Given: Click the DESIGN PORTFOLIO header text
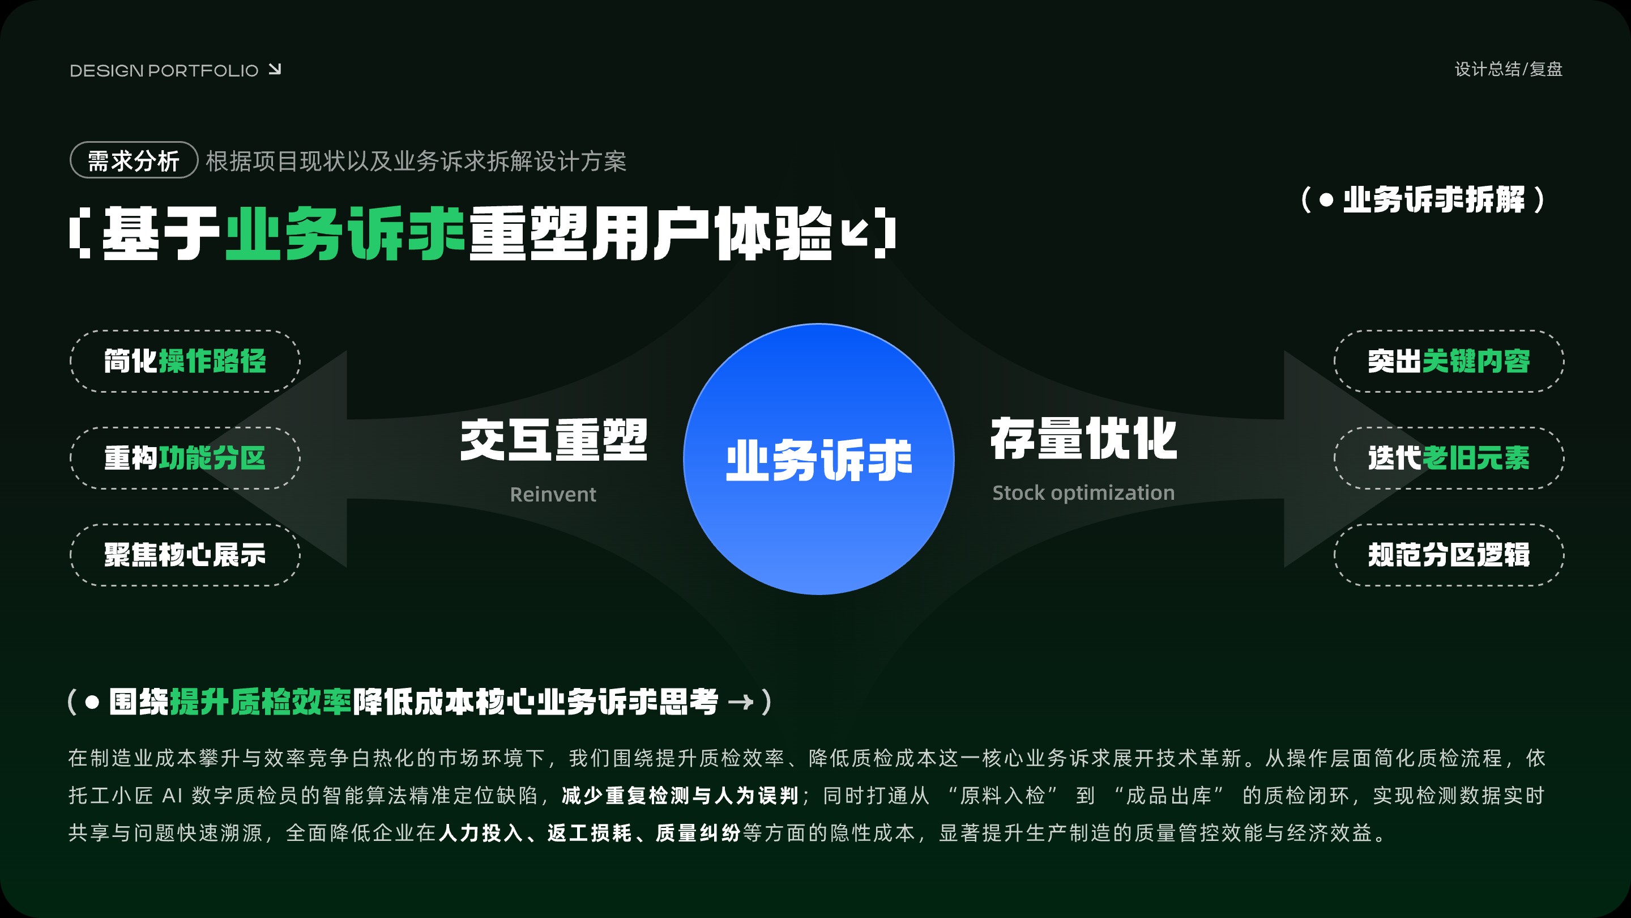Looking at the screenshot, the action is pos(164,70).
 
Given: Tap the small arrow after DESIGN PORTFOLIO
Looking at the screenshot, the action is pos(275,69).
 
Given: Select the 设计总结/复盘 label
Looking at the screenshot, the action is pos(1508,69).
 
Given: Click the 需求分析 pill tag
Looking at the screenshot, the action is pos(134,160).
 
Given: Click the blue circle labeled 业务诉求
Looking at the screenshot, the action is pos(819,460).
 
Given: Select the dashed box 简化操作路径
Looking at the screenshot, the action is pos(185,361).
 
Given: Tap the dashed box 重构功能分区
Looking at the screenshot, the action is pos(185,458).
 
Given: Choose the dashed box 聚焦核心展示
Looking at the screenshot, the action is pos(185,555).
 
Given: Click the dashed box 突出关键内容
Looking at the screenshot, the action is pos(1449,361).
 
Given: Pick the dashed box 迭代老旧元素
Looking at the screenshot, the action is pos(1449,458).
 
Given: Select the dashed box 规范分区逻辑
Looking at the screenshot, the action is pos(1449,555).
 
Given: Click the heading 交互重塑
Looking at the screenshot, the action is pos(554,440).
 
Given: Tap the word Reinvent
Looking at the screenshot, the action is pos(553,494).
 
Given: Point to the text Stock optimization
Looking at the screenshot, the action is pos(1083,493).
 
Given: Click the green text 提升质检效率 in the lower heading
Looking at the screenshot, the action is pos(261,702).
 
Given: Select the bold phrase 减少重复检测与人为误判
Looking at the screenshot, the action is pos(680,796).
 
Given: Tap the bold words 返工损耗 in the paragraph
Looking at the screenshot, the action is pos(590,833).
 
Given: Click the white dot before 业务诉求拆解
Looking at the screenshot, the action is pos(1326,200).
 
